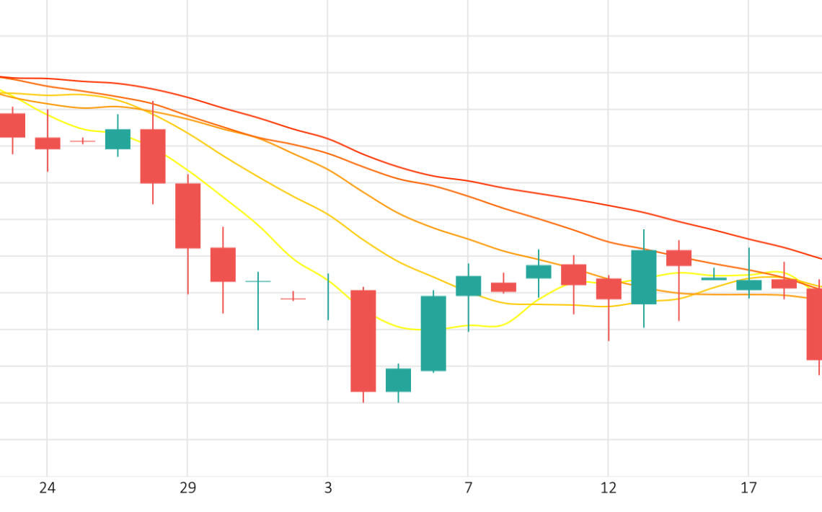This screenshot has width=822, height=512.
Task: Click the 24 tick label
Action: coord(47,489)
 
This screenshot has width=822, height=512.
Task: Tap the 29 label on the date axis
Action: coord(187,489)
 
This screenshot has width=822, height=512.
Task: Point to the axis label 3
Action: coord(328,489)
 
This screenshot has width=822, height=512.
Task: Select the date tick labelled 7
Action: coord(469,489)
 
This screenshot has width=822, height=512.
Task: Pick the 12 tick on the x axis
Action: coord(609,489)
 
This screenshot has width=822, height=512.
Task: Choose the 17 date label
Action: coord(748,489)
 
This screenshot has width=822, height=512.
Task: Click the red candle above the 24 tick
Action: coord(48,144)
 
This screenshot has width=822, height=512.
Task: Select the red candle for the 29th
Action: coord(188,216)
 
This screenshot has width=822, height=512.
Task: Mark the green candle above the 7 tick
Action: coord(469,286)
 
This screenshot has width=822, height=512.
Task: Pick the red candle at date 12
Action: coord(609,288)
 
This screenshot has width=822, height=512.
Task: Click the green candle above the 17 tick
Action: coord(748,285)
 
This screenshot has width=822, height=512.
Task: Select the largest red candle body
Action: coord(363,340)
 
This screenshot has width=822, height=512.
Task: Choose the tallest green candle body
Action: coord(433,333)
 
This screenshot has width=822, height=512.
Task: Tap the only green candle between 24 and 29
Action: coord(118,139)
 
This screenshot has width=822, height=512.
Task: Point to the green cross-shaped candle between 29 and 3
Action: coord(258,281)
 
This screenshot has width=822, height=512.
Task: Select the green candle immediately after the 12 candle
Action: coord(644,277)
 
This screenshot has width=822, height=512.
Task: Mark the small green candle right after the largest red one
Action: coord(398,380)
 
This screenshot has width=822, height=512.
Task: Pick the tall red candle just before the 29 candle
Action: coord(153,156)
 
